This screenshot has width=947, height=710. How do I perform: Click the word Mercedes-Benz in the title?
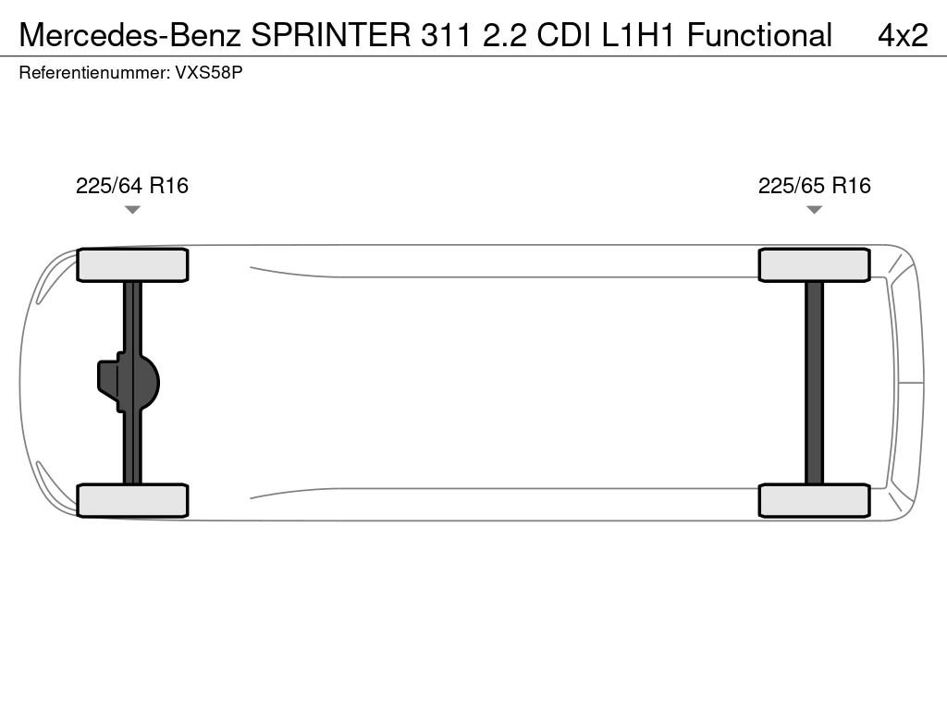[129, 35]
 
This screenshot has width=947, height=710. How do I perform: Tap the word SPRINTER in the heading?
[331, 35]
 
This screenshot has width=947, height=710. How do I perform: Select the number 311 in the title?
[446, 35]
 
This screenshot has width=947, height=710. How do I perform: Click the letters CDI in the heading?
[564, 35]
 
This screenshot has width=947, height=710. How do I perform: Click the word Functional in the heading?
[759, 35]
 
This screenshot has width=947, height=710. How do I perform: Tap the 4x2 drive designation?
[903, 35]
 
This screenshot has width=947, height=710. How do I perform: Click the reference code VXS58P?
[209, 72]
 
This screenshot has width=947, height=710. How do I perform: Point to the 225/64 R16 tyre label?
[131, 185]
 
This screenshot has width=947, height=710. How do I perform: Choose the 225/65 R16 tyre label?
[814, 185]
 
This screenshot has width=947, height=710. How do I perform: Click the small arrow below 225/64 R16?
[132, 210]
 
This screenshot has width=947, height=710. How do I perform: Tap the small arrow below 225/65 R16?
[814, 210]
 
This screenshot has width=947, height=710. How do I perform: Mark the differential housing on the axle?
[128, 382]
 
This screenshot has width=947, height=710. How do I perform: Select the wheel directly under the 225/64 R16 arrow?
[132, 264]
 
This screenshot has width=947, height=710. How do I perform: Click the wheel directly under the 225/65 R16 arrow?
[814, 264]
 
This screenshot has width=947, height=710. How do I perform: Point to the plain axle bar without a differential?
[814, 383]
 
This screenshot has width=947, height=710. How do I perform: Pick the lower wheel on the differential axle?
[132, 500]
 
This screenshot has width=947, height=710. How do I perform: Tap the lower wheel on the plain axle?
[814, 500]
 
